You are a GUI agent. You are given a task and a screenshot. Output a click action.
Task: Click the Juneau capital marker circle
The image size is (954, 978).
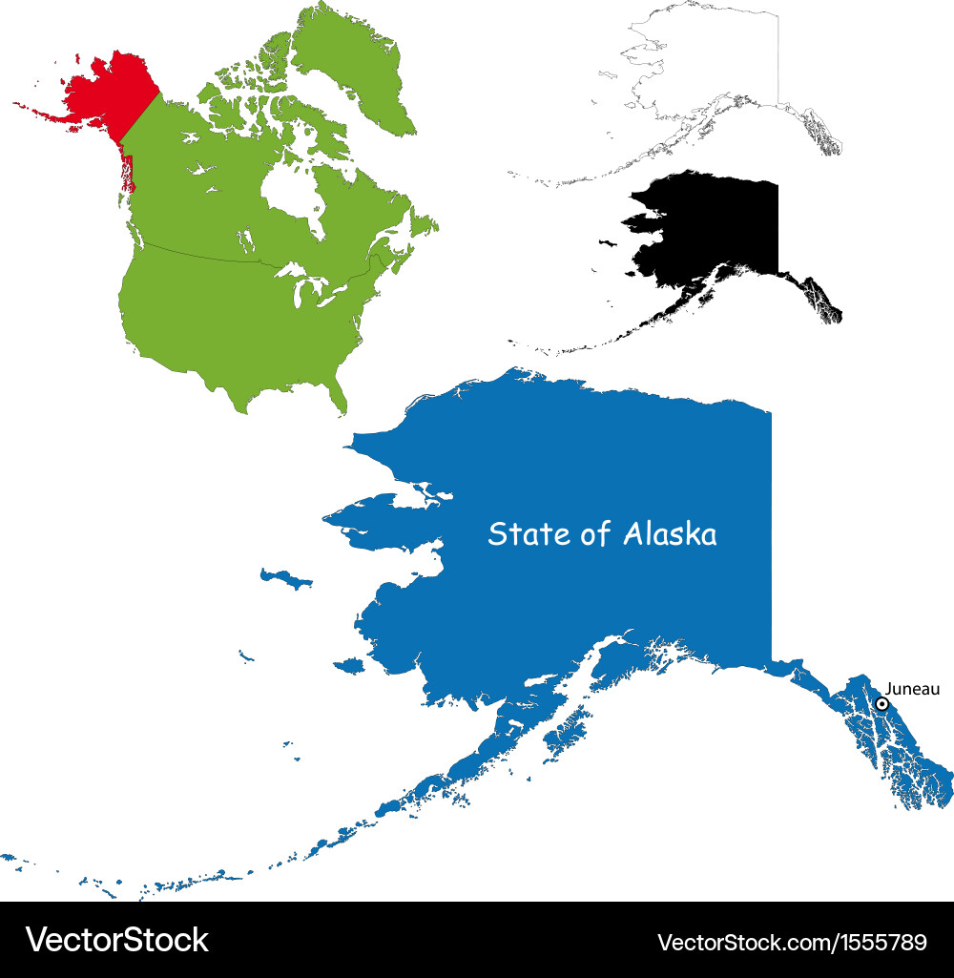882,703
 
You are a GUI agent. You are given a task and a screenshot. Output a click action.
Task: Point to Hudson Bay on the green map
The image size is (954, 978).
291,191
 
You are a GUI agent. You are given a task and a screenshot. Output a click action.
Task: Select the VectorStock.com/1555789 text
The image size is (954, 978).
792,943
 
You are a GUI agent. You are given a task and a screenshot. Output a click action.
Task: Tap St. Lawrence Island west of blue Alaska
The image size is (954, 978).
286,578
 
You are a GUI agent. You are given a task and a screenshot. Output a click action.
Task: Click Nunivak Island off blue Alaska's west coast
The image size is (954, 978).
347,664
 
